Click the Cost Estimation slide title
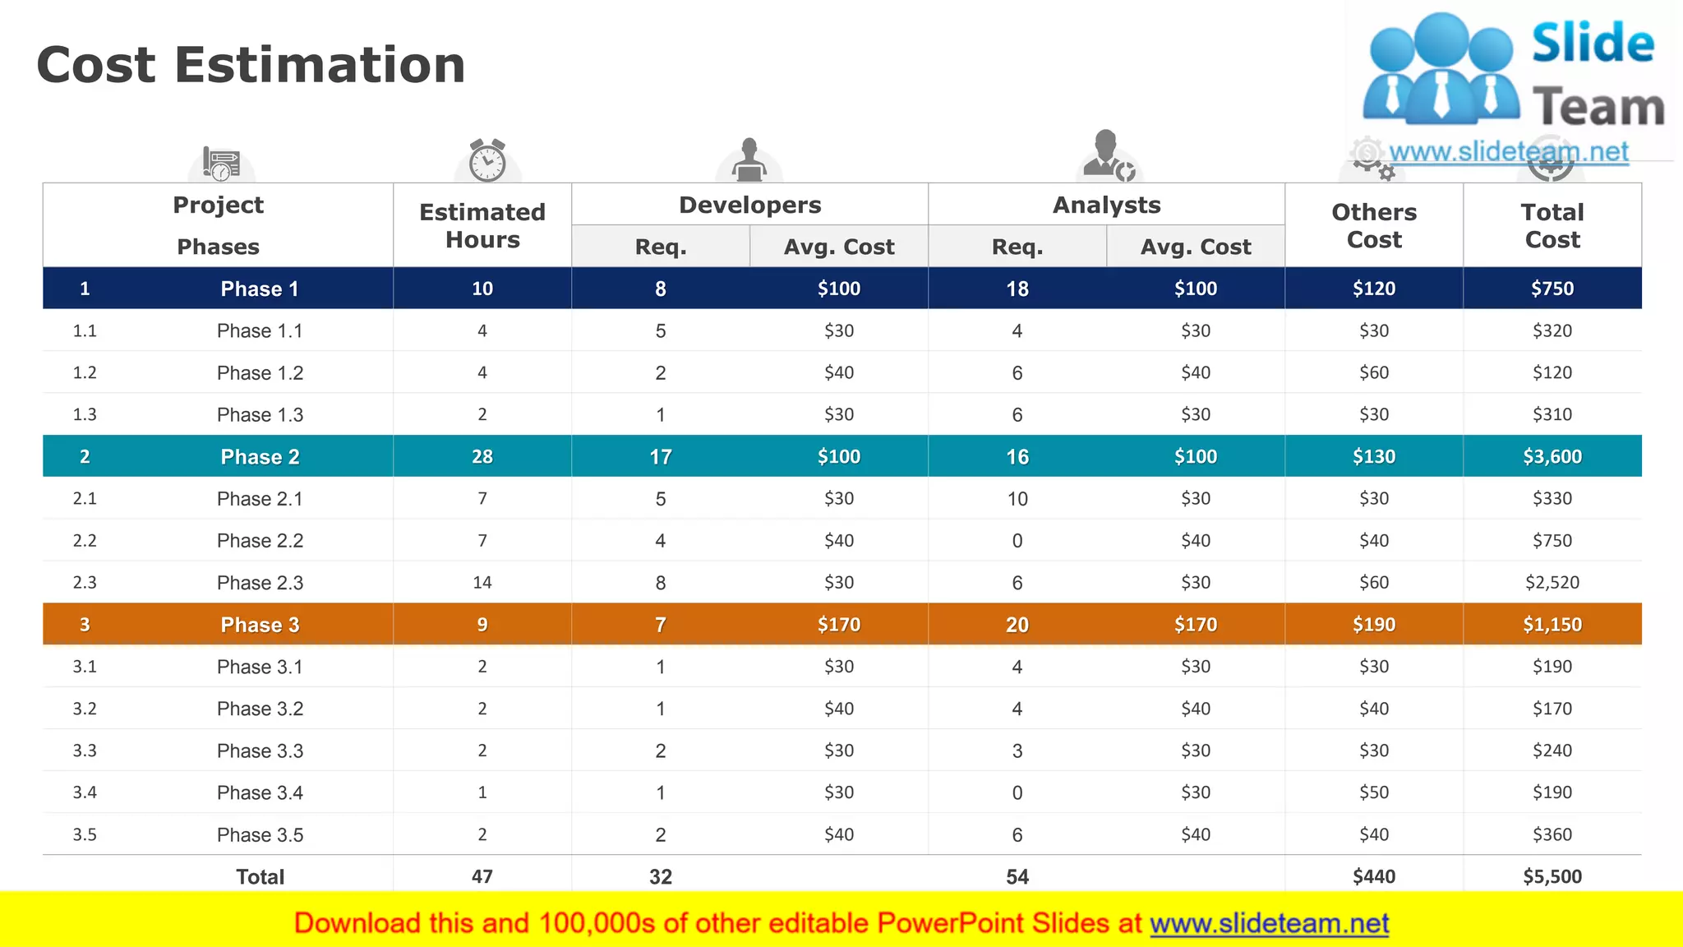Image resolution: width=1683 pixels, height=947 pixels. [251, 65]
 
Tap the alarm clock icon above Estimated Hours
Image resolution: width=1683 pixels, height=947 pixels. [487, 159]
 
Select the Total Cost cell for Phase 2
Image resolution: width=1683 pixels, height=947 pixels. [1552, 456]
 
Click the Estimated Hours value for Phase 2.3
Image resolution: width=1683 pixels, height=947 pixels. [482, 583]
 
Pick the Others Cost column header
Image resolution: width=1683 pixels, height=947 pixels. [1373, 225]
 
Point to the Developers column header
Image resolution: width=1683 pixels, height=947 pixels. [749, 205]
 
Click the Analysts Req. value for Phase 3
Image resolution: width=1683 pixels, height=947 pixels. [1017, 625]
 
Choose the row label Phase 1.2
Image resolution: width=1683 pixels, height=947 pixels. [260, 373]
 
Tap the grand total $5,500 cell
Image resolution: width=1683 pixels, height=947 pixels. [1552, 876]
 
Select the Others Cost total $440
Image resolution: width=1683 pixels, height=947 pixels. [1373, 876]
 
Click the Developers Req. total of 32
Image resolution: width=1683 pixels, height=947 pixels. [660, 876]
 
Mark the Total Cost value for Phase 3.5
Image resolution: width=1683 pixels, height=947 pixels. [1552, 834]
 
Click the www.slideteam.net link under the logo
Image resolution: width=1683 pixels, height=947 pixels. [1508, 152]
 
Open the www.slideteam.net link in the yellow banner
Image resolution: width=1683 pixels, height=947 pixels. [1269, 923]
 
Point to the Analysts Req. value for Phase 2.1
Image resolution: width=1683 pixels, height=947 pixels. [1017, 499]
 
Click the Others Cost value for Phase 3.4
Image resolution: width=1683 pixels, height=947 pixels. [1373, 792]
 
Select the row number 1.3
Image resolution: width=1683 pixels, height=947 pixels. [85, 415]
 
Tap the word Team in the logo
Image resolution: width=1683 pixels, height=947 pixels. [1598, 108]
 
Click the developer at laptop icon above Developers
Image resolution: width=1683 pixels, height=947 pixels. [749, 160]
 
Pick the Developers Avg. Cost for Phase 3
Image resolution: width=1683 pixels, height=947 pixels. [838, 625]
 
